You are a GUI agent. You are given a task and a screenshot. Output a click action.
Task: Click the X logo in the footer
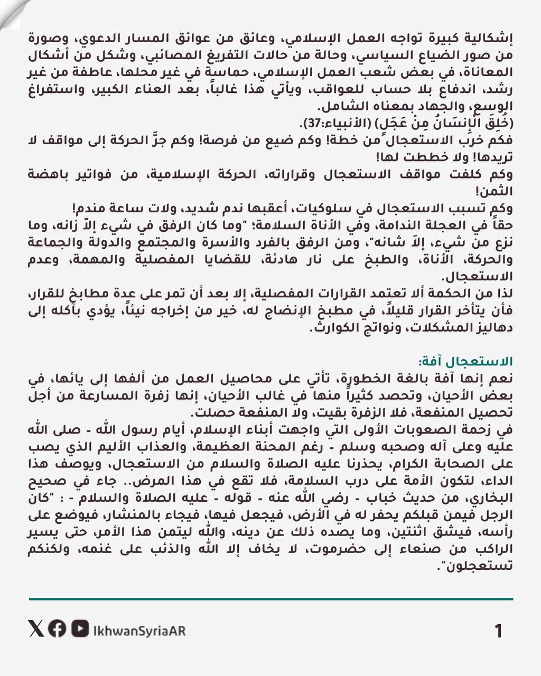click(x=35, y=628)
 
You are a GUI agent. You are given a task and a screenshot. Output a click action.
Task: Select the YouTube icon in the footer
click(x=80, y=628)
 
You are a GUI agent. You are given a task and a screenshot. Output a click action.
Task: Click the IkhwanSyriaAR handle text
click(x=139, y=630)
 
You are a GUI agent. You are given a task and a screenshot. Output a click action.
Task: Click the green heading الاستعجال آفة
click(x=464, y=362)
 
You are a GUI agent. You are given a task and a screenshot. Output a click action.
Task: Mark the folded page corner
click(x=12, y=12)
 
